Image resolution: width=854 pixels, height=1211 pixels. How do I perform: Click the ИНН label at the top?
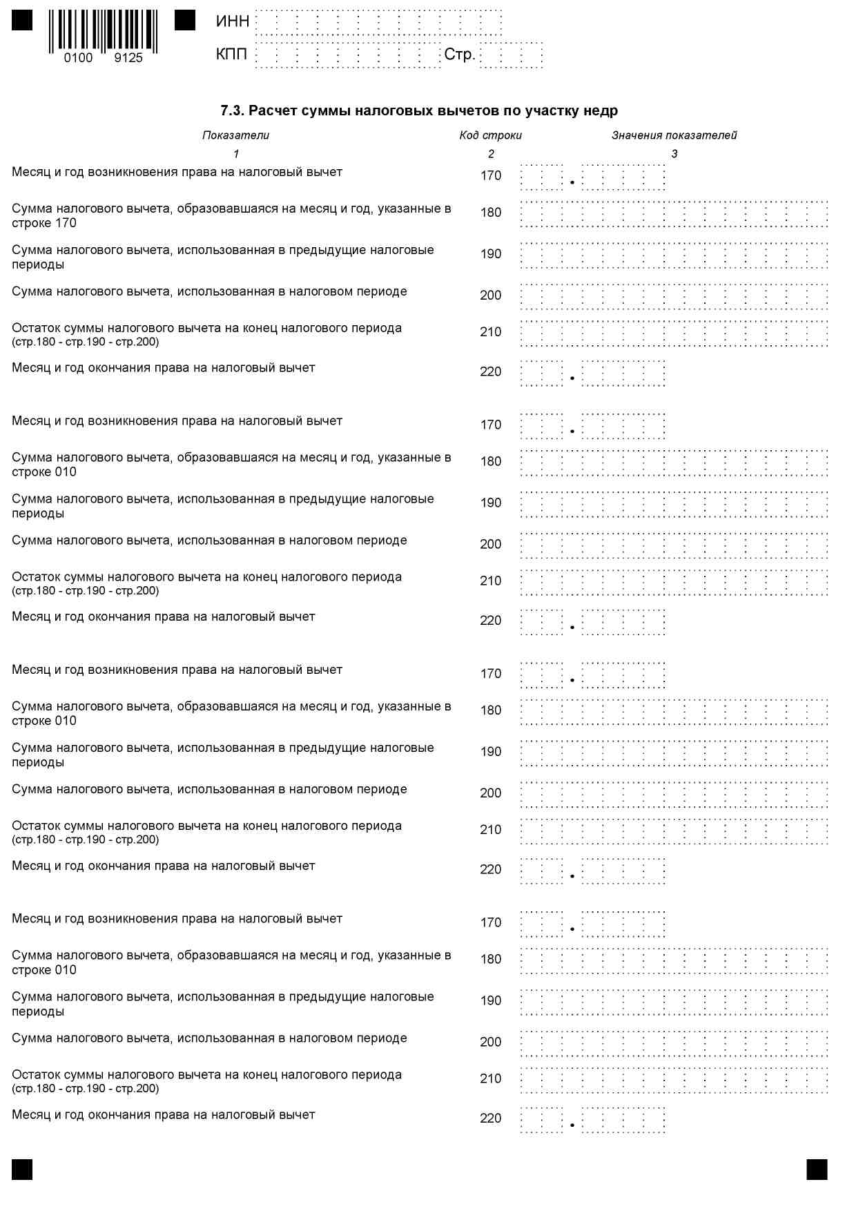tap(232, 21)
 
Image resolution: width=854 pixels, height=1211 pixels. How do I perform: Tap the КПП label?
tap(231, 54)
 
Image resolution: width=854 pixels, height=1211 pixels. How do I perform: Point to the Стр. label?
tap(459, 55)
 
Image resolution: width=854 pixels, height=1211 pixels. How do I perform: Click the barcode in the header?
tap(103, 31)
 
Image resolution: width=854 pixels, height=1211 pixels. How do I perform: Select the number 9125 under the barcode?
tap(128, 58)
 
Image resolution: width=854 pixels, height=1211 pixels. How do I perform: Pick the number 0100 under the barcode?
tap(78, 58)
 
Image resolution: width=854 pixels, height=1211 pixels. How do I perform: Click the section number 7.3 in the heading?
tap(231, 110)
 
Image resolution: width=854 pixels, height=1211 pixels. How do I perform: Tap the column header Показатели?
tap(235, 135)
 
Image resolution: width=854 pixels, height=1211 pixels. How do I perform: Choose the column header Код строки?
tap(490, 135)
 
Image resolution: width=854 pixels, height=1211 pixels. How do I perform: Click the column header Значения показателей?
tap(674, 135)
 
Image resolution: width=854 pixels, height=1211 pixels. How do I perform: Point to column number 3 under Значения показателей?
tap(675, 154)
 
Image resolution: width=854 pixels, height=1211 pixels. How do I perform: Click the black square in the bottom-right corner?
tap(817, 1169)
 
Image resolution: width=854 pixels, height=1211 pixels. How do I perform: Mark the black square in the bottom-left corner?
tap(22, 1169)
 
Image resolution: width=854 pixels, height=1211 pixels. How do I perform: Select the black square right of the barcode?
tap(185, 20)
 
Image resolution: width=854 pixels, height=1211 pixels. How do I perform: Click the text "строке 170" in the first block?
tap(44, 223)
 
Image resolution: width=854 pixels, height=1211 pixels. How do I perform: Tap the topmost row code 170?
tap(491, 176)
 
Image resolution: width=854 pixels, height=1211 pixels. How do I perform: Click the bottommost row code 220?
tap(491, 1118)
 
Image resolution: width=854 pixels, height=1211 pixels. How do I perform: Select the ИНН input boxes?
tap(378, 22)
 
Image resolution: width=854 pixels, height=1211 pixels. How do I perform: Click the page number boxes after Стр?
tap(512, 55)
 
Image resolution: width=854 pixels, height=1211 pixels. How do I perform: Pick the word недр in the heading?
tap(602, 110)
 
